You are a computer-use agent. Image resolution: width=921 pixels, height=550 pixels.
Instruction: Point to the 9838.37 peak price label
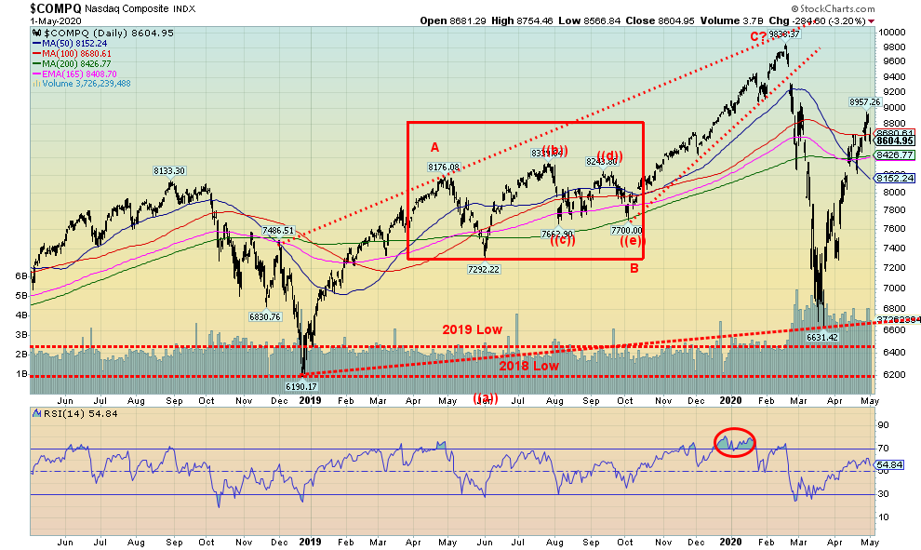coord(785,34)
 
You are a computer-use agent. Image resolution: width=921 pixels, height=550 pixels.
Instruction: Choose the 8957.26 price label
coord(864,101)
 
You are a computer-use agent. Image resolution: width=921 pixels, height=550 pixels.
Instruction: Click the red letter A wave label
coord(434,146)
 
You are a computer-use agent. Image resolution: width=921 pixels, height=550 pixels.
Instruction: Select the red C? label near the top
coord(760,36)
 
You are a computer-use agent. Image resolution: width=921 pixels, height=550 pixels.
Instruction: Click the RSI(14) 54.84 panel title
coord(65,412)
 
